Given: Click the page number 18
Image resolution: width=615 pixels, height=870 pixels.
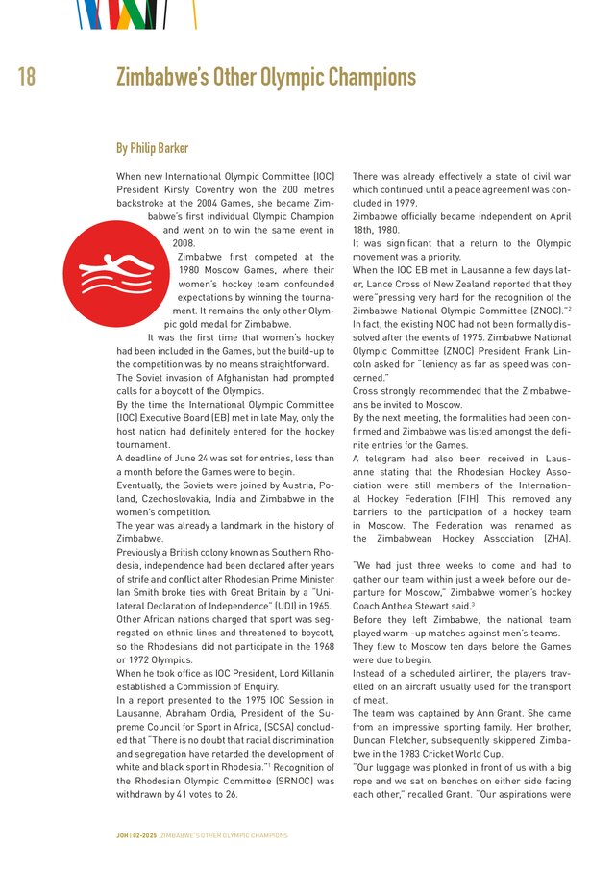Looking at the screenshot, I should pyautogui.click(x=26, y=77).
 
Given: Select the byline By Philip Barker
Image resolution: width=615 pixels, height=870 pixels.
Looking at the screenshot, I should pyautogui.click(x=152, y=148).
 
